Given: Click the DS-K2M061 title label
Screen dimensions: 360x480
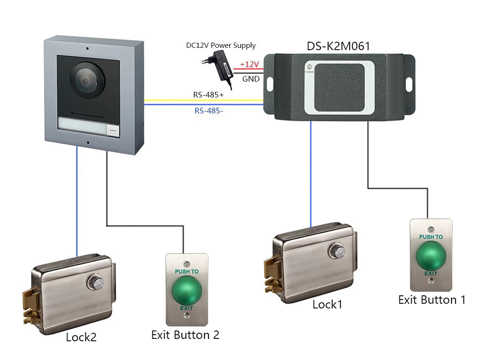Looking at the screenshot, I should tap(338, 46).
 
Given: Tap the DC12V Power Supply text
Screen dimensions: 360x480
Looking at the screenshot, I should tap(220, 45).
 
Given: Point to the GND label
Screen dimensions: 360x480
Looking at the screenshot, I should tap(251, 79).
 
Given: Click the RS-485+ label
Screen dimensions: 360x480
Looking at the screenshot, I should tap(208, 95).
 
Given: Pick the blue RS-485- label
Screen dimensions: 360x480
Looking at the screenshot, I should tap(208, 111).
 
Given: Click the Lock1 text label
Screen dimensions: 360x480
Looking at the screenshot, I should tap(327, 305).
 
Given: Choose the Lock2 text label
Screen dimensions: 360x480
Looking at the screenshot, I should tap(81, 337).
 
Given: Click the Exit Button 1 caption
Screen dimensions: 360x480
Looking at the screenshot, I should tap(432, 300).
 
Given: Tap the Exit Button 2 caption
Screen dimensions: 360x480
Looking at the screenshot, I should tap(185, 335).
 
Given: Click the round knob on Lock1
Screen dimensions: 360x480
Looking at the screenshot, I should tap(336, 250).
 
